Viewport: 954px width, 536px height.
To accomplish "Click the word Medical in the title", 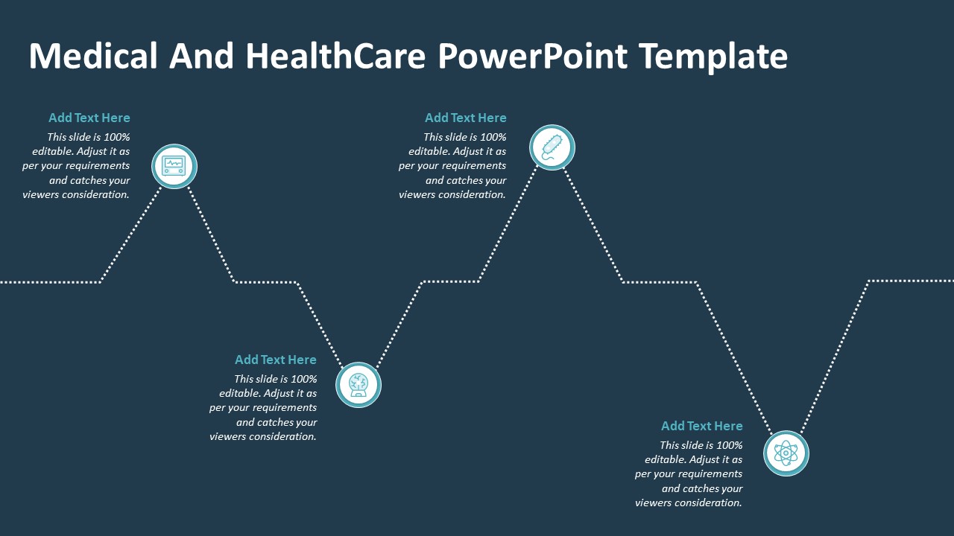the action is point(93,56).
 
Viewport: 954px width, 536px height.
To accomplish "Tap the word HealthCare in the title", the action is point(335,56).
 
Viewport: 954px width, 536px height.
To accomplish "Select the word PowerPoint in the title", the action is point(533,56).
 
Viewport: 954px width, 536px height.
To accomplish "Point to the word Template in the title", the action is point(713,57).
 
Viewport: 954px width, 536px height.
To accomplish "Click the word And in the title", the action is point(201,56).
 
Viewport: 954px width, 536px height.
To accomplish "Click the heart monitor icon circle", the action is point(174,166).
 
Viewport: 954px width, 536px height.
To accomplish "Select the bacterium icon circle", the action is point(552,147).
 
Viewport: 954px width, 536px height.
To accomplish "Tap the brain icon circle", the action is point(358,385).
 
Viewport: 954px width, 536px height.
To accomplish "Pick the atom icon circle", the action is point(786,453).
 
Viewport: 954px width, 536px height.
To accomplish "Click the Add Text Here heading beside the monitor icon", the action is point(89,118).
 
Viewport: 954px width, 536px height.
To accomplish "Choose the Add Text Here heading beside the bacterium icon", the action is point(466,118).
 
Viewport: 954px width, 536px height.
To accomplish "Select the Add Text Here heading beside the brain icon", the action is point(276,360).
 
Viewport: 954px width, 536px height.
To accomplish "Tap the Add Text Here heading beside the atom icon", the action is point(702,426).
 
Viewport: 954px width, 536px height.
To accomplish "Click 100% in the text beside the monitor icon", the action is point(117,137).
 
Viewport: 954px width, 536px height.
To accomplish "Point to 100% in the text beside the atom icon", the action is point(730,445).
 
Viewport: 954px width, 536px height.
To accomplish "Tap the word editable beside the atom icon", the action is point(666,459).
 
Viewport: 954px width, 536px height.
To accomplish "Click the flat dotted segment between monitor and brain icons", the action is point(266,282).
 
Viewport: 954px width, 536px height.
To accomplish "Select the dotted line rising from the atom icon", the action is point(835,357).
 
